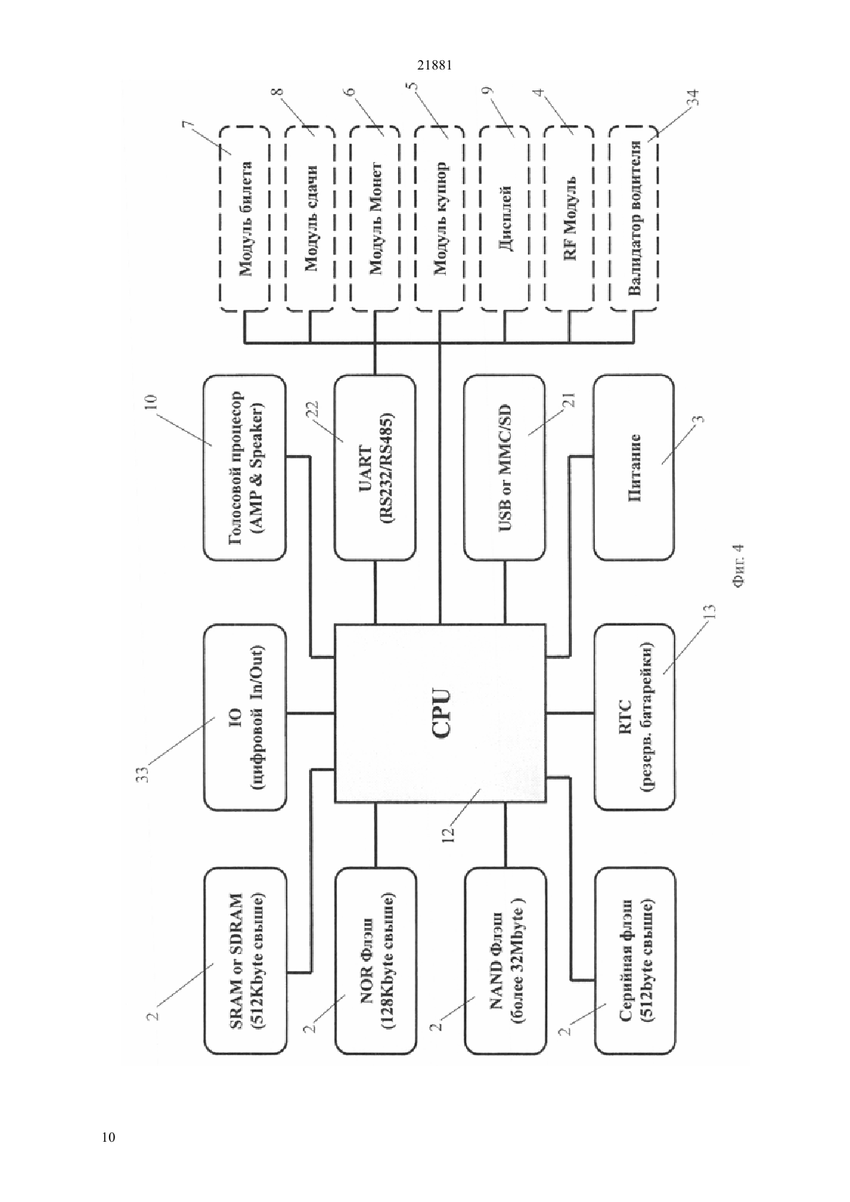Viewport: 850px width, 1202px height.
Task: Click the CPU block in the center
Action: (x=440, y=713)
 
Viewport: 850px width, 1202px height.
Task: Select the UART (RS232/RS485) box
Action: (x=375, y=468)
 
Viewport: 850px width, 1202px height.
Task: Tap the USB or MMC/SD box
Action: (x=505, y=468)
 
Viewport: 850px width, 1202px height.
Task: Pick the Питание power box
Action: (x=634, y=468)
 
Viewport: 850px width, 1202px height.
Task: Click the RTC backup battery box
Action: (x=634, y=717)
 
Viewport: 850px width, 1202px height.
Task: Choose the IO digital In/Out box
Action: (x=245, y=717)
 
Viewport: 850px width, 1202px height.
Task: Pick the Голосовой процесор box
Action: (x=245, y=468)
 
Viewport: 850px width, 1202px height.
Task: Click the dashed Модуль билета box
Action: (x=244, y=219)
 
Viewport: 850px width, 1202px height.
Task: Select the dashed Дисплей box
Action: (x=504, y=219)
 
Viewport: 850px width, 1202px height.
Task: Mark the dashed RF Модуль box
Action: (x=569, y=219)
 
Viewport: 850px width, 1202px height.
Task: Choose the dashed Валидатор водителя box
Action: (x=634, y=219)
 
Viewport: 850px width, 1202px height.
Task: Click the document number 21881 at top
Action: (x=434, y=66)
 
